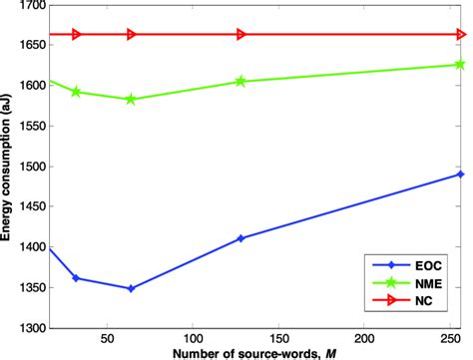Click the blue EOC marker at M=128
tap(240, 238)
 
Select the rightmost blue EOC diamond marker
tap(459, 174)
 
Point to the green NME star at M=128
tap(240, 81)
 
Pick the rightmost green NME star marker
tap(459, 65)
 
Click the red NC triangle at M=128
tap(240, 34)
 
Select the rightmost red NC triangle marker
tap(459, 34)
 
